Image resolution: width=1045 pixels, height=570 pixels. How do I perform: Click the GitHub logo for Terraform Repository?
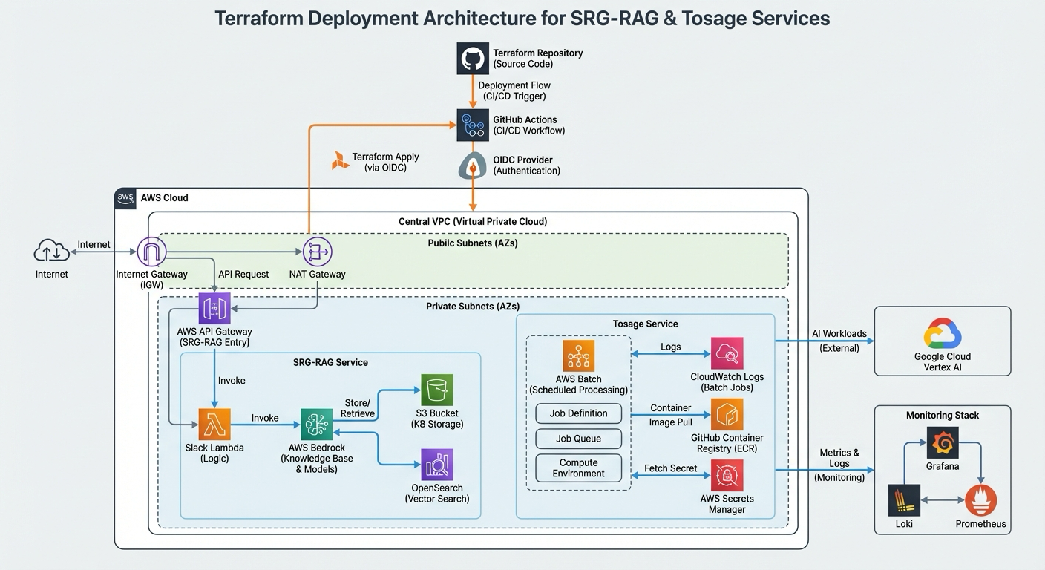point(473,58)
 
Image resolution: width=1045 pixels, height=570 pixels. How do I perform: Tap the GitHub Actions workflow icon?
point(473,125)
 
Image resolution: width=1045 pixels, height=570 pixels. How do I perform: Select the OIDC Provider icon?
point(473,166)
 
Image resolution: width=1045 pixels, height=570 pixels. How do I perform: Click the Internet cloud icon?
point(52,252)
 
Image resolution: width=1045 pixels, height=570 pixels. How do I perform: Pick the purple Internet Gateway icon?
point(152,252)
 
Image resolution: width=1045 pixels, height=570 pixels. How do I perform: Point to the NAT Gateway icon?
point(317,252)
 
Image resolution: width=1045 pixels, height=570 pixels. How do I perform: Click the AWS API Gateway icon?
point(214,308)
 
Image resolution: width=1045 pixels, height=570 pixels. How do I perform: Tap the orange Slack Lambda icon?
point(214,424)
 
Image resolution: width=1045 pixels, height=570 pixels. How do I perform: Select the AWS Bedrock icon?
point(317,424)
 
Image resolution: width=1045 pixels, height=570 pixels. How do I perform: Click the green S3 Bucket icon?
point(437,390)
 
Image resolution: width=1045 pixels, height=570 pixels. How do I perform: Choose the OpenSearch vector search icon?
point(437,465)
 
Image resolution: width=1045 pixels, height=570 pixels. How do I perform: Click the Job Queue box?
point(579,439)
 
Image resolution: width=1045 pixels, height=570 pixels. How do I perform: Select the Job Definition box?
point(579,413)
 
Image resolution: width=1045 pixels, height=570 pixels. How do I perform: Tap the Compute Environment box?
point(579,468)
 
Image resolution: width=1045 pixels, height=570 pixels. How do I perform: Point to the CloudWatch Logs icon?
point(727,353)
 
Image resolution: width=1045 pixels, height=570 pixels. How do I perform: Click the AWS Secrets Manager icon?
point(727,475)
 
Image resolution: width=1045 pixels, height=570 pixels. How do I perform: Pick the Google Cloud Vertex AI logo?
point(943,333)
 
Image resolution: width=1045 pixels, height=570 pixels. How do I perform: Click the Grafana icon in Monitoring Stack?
point(943,443)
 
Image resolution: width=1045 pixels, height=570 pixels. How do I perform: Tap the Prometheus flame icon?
point(980,501)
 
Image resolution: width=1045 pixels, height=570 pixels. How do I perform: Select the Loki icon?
point(904,501)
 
